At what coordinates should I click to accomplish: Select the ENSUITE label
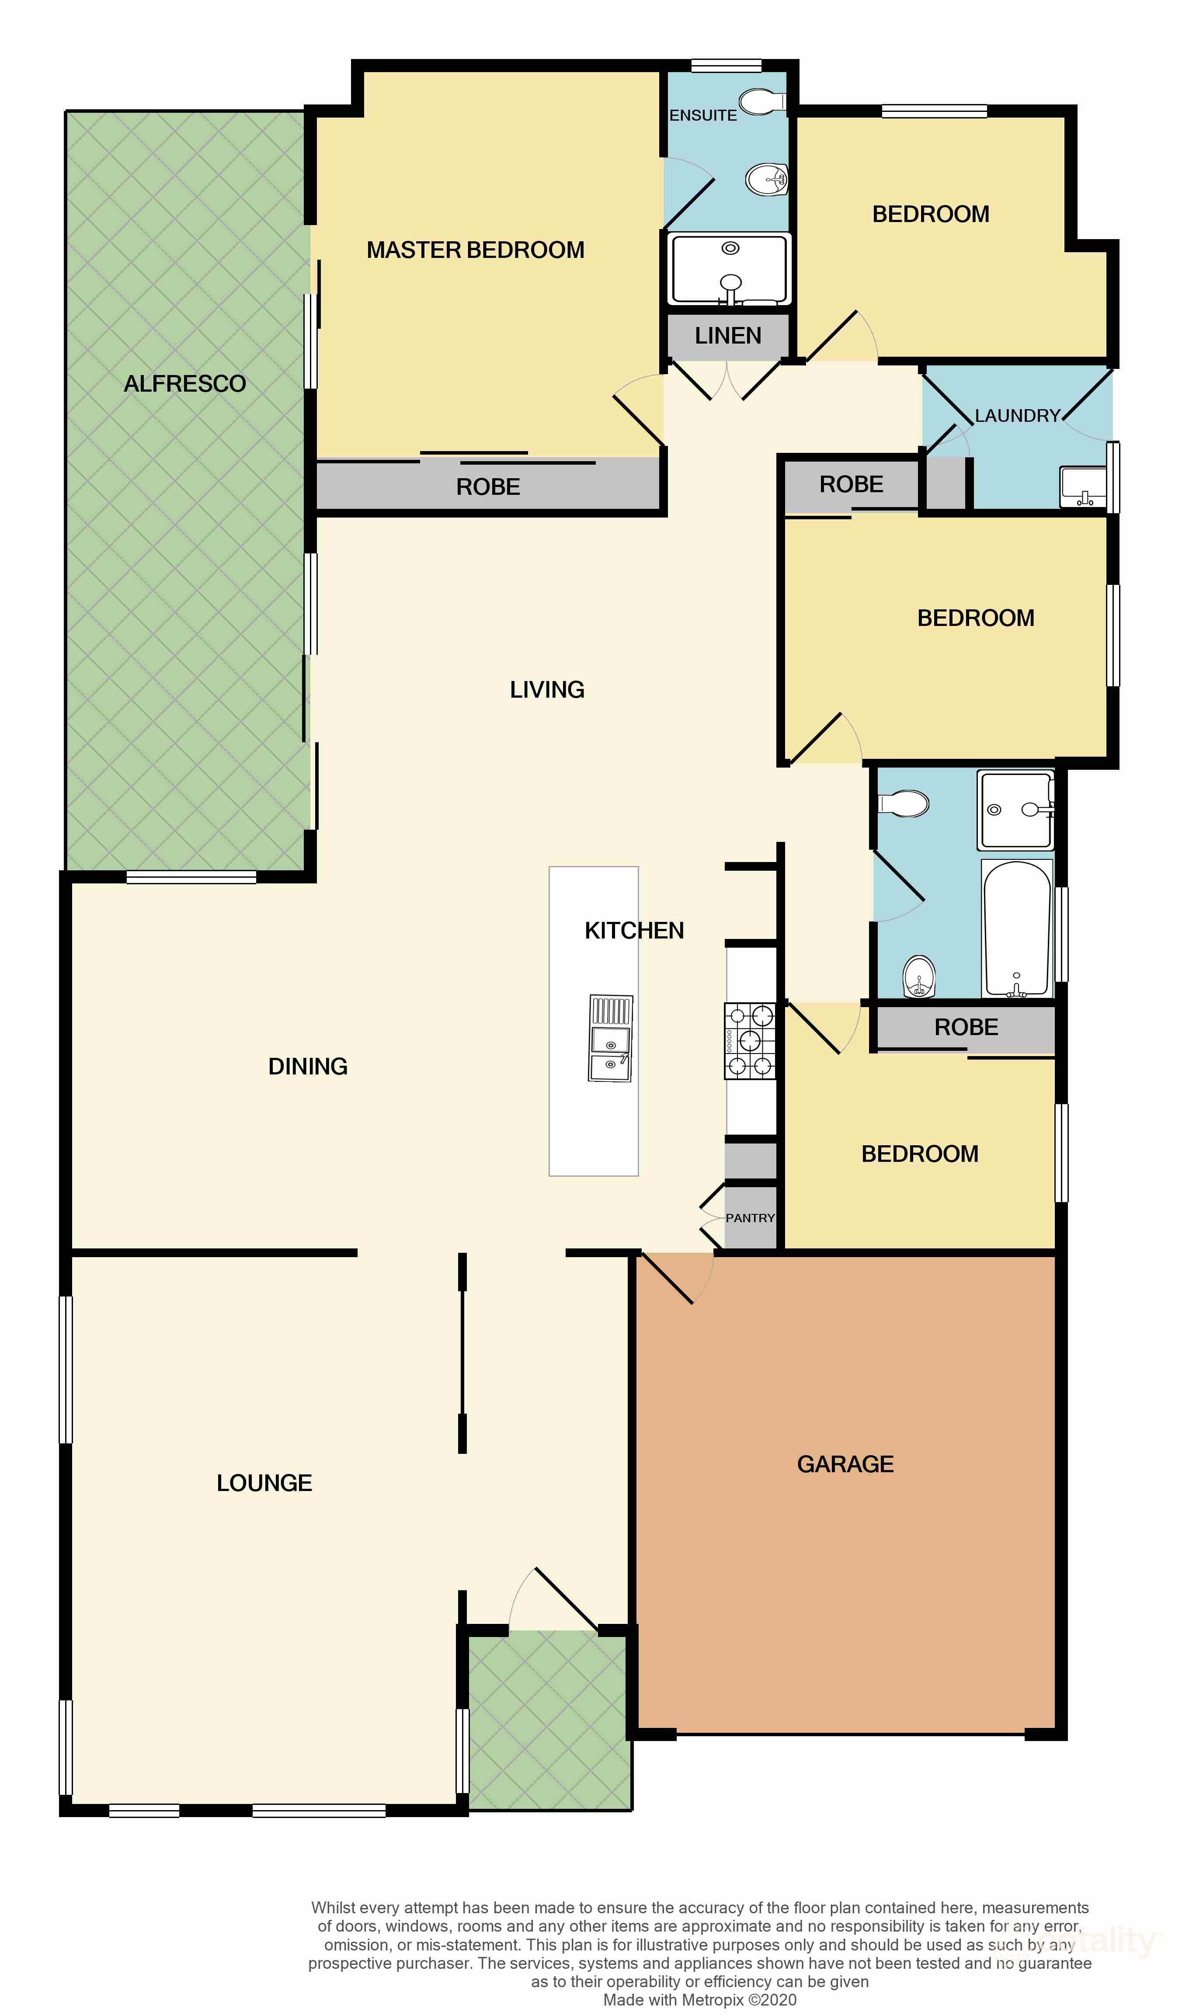pos(703,115)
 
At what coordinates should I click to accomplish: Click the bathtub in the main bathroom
pos(1017,929)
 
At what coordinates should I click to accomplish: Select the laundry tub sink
pos(1084,487)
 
